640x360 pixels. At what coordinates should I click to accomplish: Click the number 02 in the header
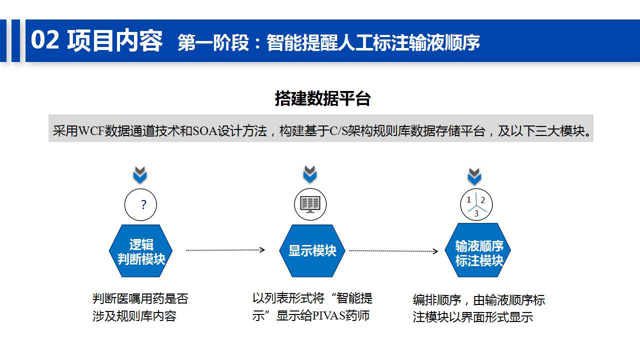45,40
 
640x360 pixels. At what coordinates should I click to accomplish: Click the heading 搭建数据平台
322,98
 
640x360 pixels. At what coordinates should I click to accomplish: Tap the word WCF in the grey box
91,131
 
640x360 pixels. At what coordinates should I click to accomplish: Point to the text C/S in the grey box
338,131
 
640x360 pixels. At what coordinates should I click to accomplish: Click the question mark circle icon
140,204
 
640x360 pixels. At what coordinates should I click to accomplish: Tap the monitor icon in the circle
310,204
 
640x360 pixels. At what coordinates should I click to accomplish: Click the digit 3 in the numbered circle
476,213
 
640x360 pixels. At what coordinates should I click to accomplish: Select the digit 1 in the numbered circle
468,199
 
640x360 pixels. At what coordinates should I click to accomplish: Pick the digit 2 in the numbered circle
483,200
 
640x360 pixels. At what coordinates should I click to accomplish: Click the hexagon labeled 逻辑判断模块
140,250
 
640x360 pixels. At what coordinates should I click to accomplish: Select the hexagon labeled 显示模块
312,250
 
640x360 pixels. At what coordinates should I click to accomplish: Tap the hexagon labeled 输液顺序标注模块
477,250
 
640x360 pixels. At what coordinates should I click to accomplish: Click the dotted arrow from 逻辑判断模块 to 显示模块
225,250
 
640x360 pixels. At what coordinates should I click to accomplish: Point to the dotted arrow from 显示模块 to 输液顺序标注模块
393,251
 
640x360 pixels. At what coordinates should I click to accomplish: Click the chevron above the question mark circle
140,175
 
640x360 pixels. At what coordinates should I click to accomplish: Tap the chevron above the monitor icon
310,174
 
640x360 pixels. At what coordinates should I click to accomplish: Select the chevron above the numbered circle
474,176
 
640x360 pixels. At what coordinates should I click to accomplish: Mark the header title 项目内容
115,40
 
